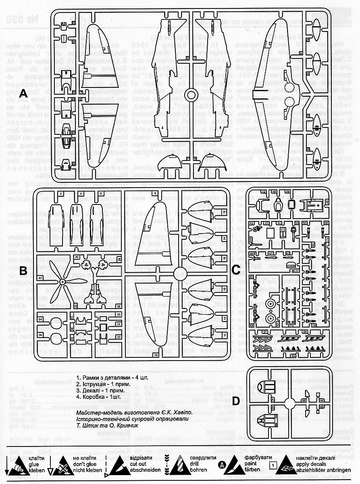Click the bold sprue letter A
pos(23,94)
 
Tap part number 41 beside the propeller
pos(40,278)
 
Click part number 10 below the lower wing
pos(155,355)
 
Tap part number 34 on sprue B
pos(40,335)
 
